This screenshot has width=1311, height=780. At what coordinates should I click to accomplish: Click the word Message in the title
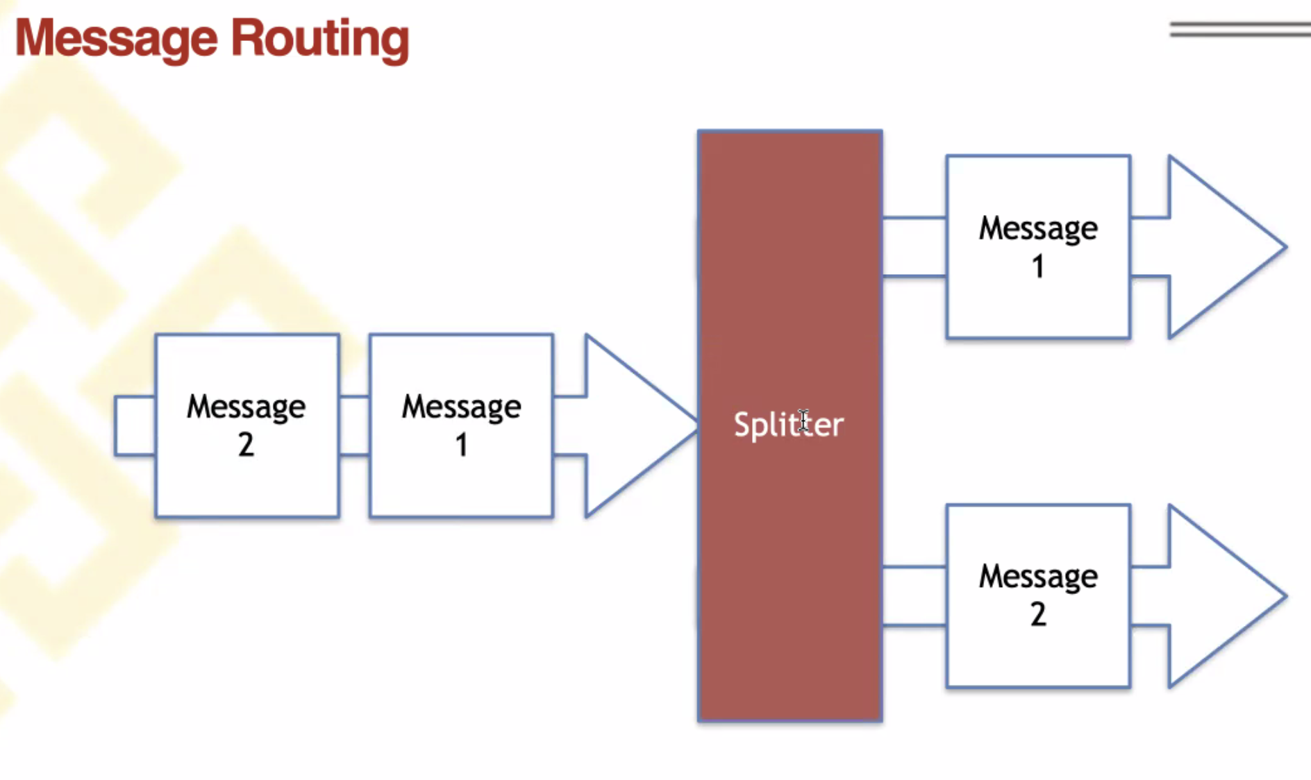[x=116, y=39]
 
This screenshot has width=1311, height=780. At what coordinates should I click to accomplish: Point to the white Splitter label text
[x=788, y=425]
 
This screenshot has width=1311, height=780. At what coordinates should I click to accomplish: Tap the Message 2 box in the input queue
[x=247, y=426]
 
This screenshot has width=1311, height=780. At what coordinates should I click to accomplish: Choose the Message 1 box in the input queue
[x=462, y=426]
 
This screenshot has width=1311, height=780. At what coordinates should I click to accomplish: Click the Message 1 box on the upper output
[x=1038, y=247]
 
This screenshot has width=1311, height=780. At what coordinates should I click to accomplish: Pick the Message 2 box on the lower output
[x=1038, y=596]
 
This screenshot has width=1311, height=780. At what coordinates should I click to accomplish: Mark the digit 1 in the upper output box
[x=1038, y=266]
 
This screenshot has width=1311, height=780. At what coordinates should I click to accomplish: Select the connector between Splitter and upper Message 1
[x=915, y=247]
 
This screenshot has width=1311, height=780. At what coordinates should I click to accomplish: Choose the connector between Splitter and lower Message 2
[x=915, y=597]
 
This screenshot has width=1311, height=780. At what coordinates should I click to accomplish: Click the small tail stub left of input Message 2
[x=135, y=426]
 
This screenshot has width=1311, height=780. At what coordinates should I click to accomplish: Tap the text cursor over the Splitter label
[x=803, y=421]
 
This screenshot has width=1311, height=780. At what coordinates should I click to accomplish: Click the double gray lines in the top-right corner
[x=1240, y=29]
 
